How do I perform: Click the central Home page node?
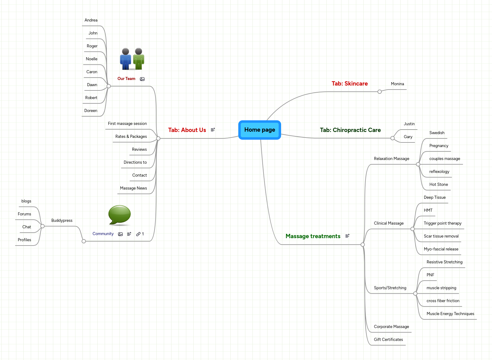coord(260,130)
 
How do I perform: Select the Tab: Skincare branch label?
coord(349,84)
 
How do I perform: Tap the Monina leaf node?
coord(397,84)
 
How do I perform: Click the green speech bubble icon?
coord(119,215)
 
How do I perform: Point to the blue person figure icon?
coord(126,59)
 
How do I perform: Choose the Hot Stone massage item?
coord(438,185)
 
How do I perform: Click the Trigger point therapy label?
coord(442,223)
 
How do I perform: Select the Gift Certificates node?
coord(388,340)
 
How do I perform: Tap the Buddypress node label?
coord(62,221)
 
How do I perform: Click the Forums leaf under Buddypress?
coord(24,214)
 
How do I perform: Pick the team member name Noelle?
coord(91,59)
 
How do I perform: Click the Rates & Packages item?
coord(131,137)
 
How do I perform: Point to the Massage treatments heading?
coord(313,236)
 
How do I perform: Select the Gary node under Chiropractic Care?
coord(408,137)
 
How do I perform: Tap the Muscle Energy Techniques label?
coord(450,314)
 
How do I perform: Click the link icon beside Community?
coord(138,234)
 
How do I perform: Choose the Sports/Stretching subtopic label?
coord(390,288)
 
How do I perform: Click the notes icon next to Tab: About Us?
coord(213,130)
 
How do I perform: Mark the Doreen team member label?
coord(91,111)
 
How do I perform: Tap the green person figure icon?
coord(139,59)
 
